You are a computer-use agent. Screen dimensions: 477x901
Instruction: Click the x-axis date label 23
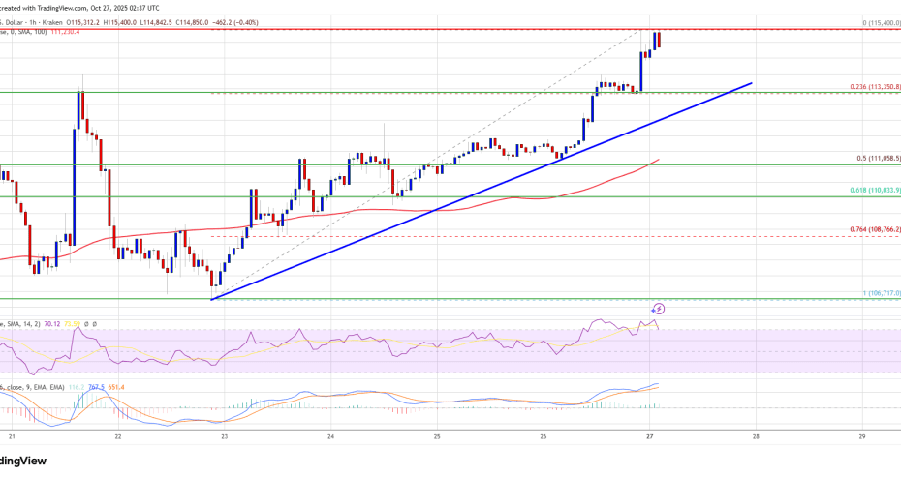point(224,436)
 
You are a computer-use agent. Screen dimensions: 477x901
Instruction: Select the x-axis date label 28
point(756,436)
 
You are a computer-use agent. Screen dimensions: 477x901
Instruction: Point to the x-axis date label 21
point(11,436)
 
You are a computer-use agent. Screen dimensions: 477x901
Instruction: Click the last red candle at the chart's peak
point(657,41)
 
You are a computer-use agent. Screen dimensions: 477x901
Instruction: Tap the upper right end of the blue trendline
point(751,84)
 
